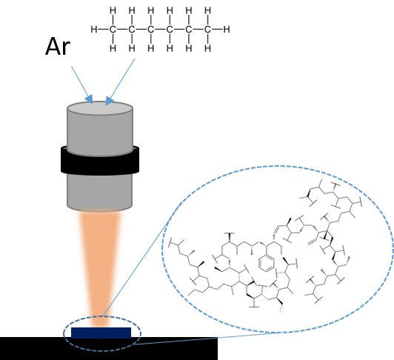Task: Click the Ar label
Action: pyautogui.click(x=58, y=47)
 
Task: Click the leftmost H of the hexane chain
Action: pyautogui.click(x=94, y=30)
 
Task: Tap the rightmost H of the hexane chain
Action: pyautogui.click(x=227, y=30)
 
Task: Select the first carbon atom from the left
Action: pyautogui.click(x=113, y=30)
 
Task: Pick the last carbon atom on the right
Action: pyautogui.click(x=207, y=30)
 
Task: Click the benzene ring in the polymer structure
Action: pyautogui.click(x=267, y=263)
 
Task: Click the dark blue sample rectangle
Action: pyautogui.click(x=101, y=333)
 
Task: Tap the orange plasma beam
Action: pyautogui.click(x=100, y=267)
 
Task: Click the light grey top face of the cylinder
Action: pyautogui.click(x=100, y=108)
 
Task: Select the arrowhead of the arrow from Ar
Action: pyautogui.click(x=89, y=99)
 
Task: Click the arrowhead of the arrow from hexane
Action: pyautogui.click(x=109, y=101)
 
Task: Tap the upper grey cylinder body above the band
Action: pyautogui.click(x=100, y=133)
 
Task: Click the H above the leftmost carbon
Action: pyautogui.click(x=113, y=10)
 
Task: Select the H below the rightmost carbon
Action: pyautogui.click(x=207, y=48)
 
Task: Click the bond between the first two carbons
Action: pyautogui.click(x=122, y=30)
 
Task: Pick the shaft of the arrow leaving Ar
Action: pyautogui.click(x=79, y=81)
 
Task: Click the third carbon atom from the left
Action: pyautogui.click(x=151, y=30)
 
